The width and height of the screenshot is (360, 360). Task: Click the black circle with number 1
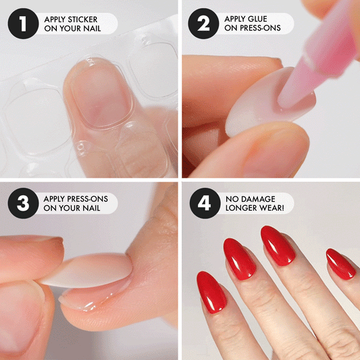click(x=23, y=24)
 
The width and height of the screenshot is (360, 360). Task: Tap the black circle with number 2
click(x=203, y=24)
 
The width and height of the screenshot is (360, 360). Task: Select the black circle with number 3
click(x=23, y=203)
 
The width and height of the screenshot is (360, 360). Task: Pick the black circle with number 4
click(x=205, y=203)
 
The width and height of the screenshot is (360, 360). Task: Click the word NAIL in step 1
click(x=92, y=28)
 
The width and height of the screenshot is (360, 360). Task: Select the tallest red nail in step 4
click(x=278, y=245)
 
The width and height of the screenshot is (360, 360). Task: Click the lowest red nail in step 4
click(x=211, y=292)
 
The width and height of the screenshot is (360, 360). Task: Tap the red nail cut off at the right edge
click(x=341, y=264)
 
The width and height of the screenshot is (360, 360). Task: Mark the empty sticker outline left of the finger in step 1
click(x=34, y=117)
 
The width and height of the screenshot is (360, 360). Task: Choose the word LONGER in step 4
click(x=239, y=208)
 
